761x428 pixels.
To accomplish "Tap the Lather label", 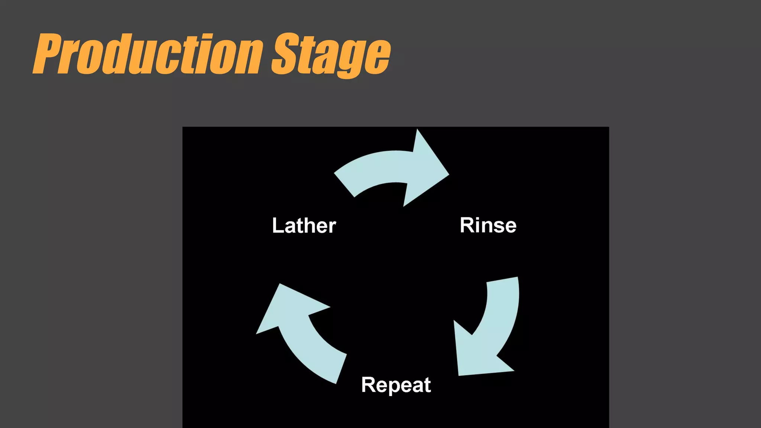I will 304,226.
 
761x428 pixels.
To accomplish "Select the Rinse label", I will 488,225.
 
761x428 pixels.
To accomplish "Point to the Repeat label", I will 396,385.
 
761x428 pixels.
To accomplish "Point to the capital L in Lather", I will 277,226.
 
